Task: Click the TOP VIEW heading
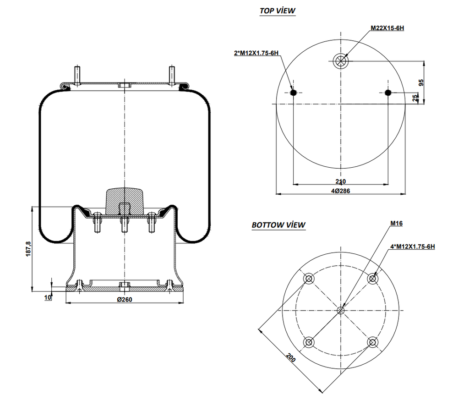(x=278, y=11)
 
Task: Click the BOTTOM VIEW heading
(x=278, y=225)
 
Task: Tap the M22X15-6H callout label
(x=387, y=28)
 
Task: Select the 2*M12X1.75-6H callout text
(x=256, y=53)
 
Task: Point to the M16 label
(x=396, y=224)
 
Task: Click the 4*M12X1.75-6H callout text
(x=412, y=247)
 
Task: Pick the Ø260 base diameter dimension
(x=125, y=299)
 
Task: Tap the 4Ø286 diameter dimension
(x=340, y=191)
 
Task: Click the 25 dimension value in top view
(x=415, y=98)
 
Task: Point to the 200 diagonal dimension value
(x=291, y=357)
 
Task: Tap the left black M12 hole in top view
(x=293, y=93)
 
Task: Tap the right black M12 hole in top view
(x=388, y=93)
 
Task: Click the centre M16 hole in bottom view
(x=340, y=310)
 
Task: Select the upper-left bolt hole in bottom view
(x=308, y=279)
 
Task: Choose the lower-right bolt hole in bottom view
(x=373, y=342)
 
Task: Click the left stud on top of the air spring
(x=76, y=75)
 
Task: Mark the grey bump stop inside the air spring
(x=124, y=200)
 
